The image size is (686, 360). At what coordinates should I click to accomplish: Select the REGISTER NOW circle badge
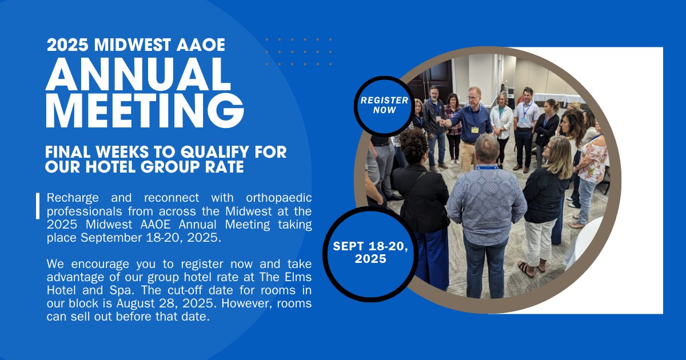(x=384, y=105)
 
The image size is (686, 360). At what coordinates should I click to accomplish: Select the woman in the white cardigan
(x=501, y=123)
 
